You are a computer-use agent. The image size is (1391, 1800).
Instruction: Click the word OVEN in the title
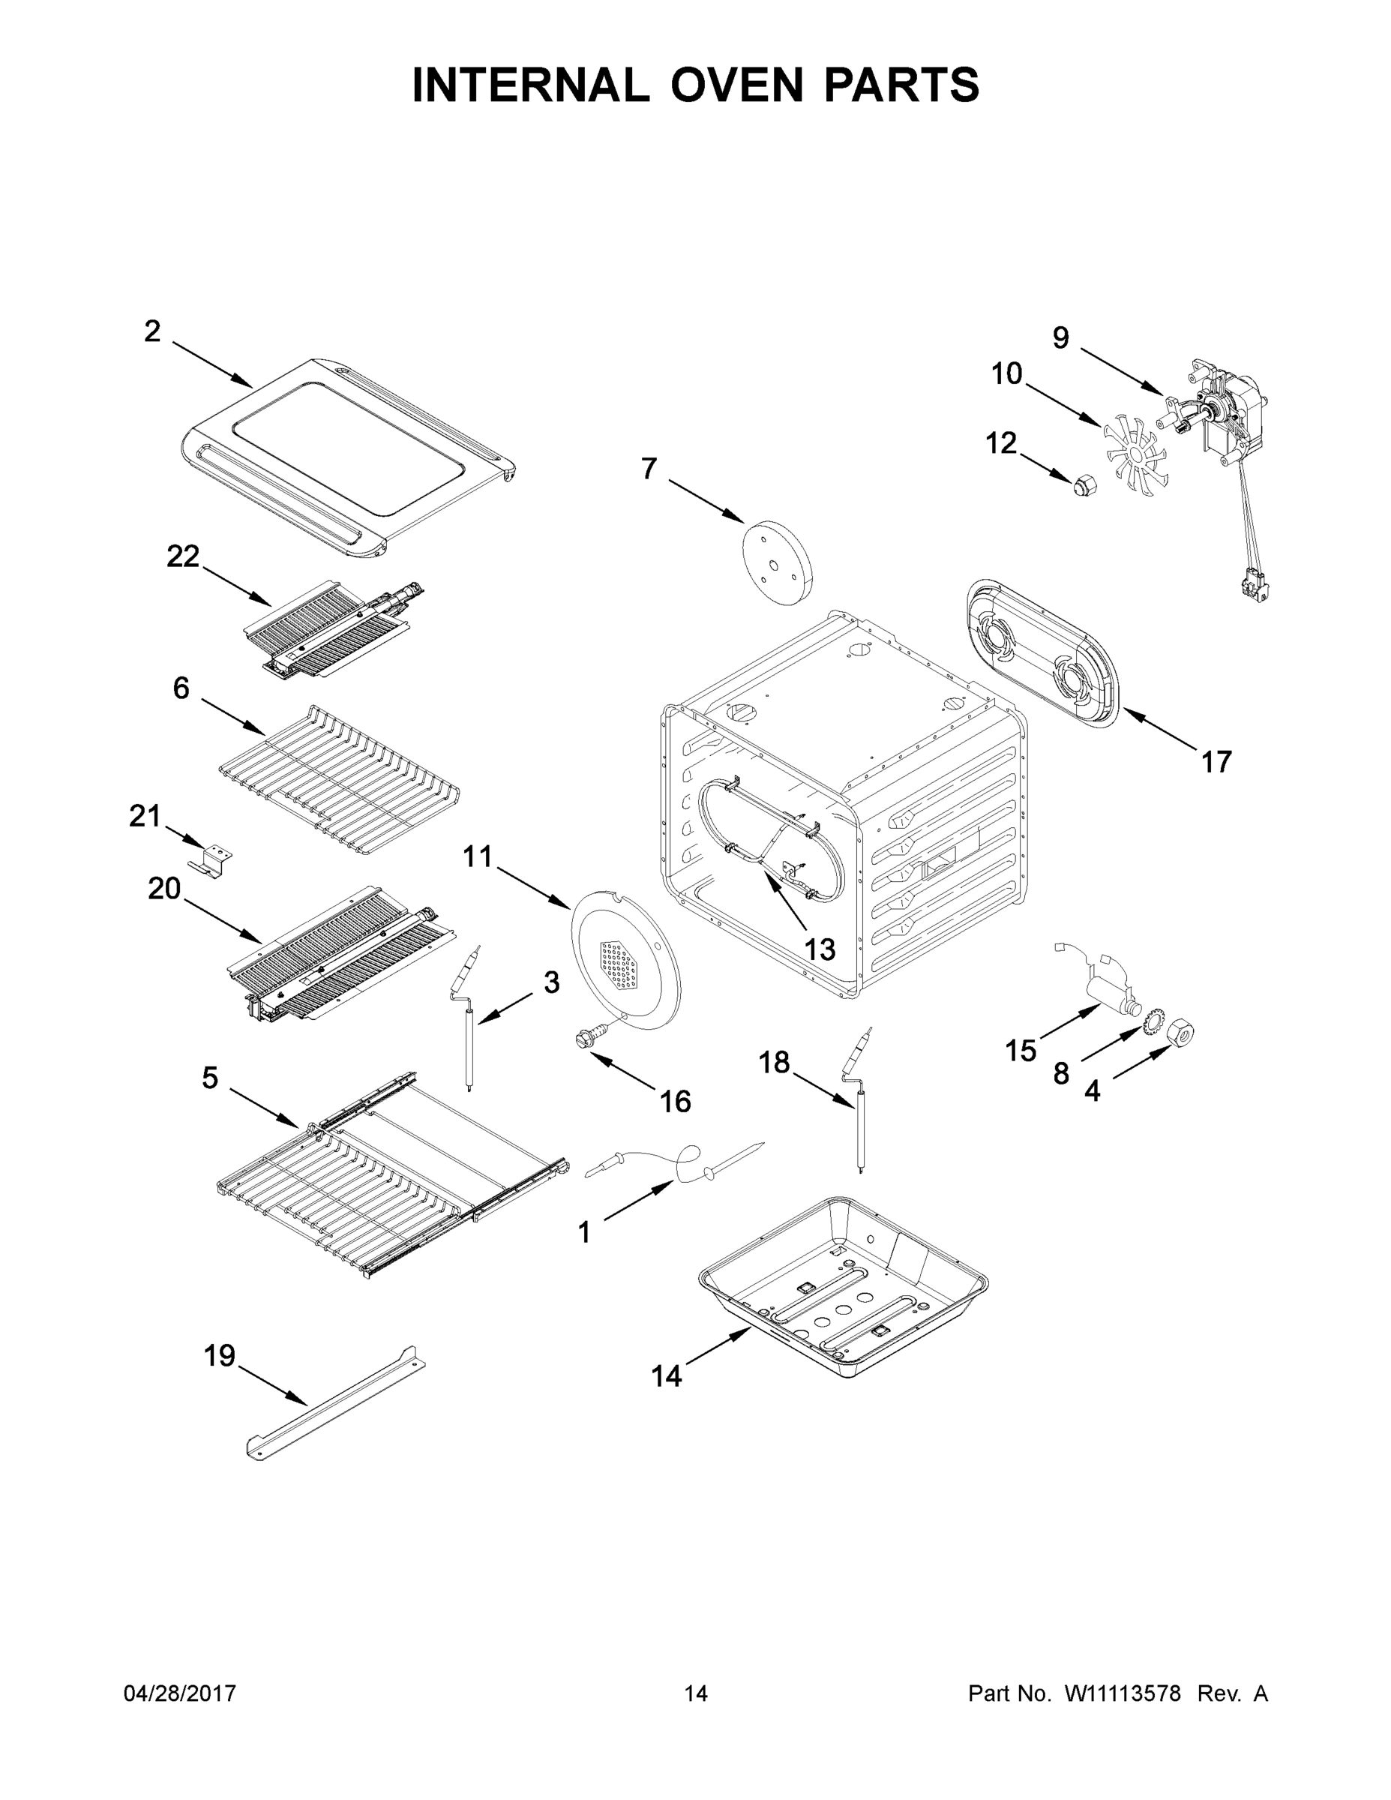click(x=736, y=85)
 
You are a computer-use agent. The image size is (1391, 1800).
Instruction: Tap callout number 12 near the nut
click(x=1001, y=443)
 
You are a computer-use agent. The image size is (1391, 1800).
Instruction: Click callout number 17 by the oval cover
click(x=1216, y=762)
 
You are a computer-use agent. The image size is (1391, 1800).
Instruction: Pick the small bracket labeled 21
click(x=210, y=861)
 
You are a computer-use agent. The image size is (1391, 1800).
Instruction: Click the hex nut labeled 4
click(x=1182, y=1030)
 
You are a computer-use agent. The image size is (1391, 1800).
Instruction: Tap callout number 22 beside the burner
click(x=183, y=557)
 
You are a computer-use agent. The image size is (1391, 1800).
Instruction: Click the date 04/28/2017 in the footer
click(x=180, y=1694)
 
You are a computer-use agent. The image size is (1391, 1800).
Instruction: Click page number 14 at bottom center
click(x=696, y=1694)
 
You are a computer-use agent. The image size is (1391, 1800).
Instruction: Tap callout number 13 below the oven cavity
click(x=819, y=949)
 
